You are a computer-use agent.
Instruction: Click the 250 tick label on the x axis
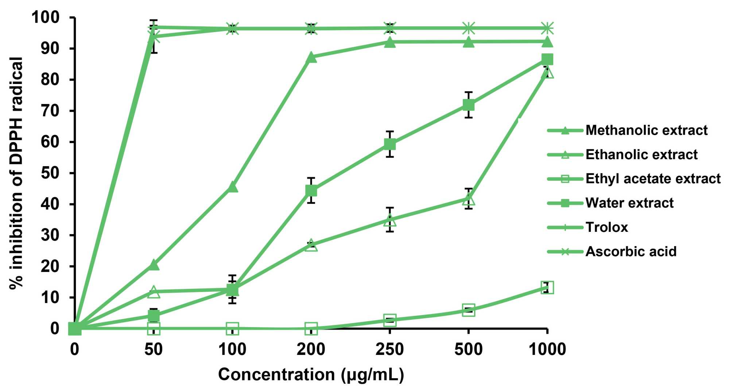coord(389,349)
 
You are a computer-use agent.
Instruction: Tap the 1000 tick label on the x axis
coord(547,349)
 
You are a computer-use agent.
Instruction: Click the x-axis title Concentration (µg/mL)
coord(311,375)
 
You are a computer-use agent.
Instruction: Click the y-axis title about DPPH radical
coord(16,173)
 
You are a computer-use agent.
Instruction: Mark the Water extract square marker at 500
coord(468,105)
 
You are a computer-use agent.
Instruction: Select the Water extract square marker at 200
coord(311,191)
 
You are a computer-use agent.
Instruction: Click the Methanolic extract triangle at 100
coord(232,187)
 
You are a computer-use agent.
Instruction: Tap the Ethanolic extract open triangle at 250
coord(389,220)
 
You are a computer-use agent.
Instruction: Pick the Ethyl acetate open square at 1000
coord(547,288)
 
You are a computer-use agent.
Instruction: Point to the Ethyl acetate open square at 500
coord(468,310)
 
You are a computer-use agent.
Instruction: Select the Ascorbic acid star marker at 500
coord(468,28)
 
